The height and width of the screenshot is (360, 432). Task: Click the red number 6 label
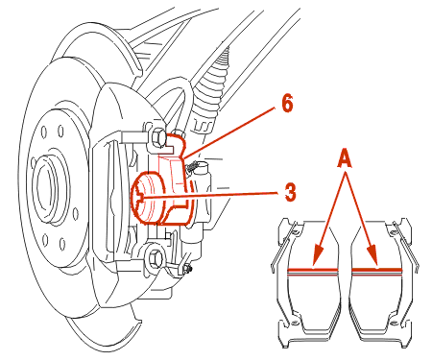[x=287, y=104]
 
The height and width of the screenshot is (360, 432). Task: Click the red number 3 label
[x=290, y=192]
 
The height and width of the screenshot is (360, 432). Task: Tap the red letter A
[x=345, y=159]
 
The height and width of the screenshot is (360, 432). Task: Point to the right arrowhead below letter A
[x=373, y=254]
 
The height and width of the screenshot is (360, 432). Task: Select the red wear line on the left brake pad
[x=313, y=272]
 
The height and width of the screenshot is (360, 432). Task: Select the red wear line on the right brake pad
[x=376, y=271]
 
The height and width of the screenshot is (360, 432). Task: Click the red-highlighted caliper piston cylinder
[x=147, y=198]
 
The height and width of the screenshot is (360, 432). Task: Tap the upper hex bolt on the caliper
[x=157, y=137]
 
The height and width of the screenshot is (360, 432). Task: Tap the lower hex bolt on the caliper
[x=155, y=257]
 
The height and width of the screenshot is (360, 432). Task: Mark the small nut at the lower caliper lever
[x=186, y=268]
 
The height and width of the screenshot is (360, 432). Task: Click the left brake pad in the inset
[x=308, y=276]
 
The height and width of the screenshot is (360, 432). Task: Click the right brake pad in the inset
[x=381, y=276]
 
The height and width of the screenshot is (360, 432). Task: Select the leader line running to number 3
[x=210, y=196]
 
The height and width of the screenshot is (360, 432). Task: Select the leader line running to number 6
[x=229, y=132]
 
